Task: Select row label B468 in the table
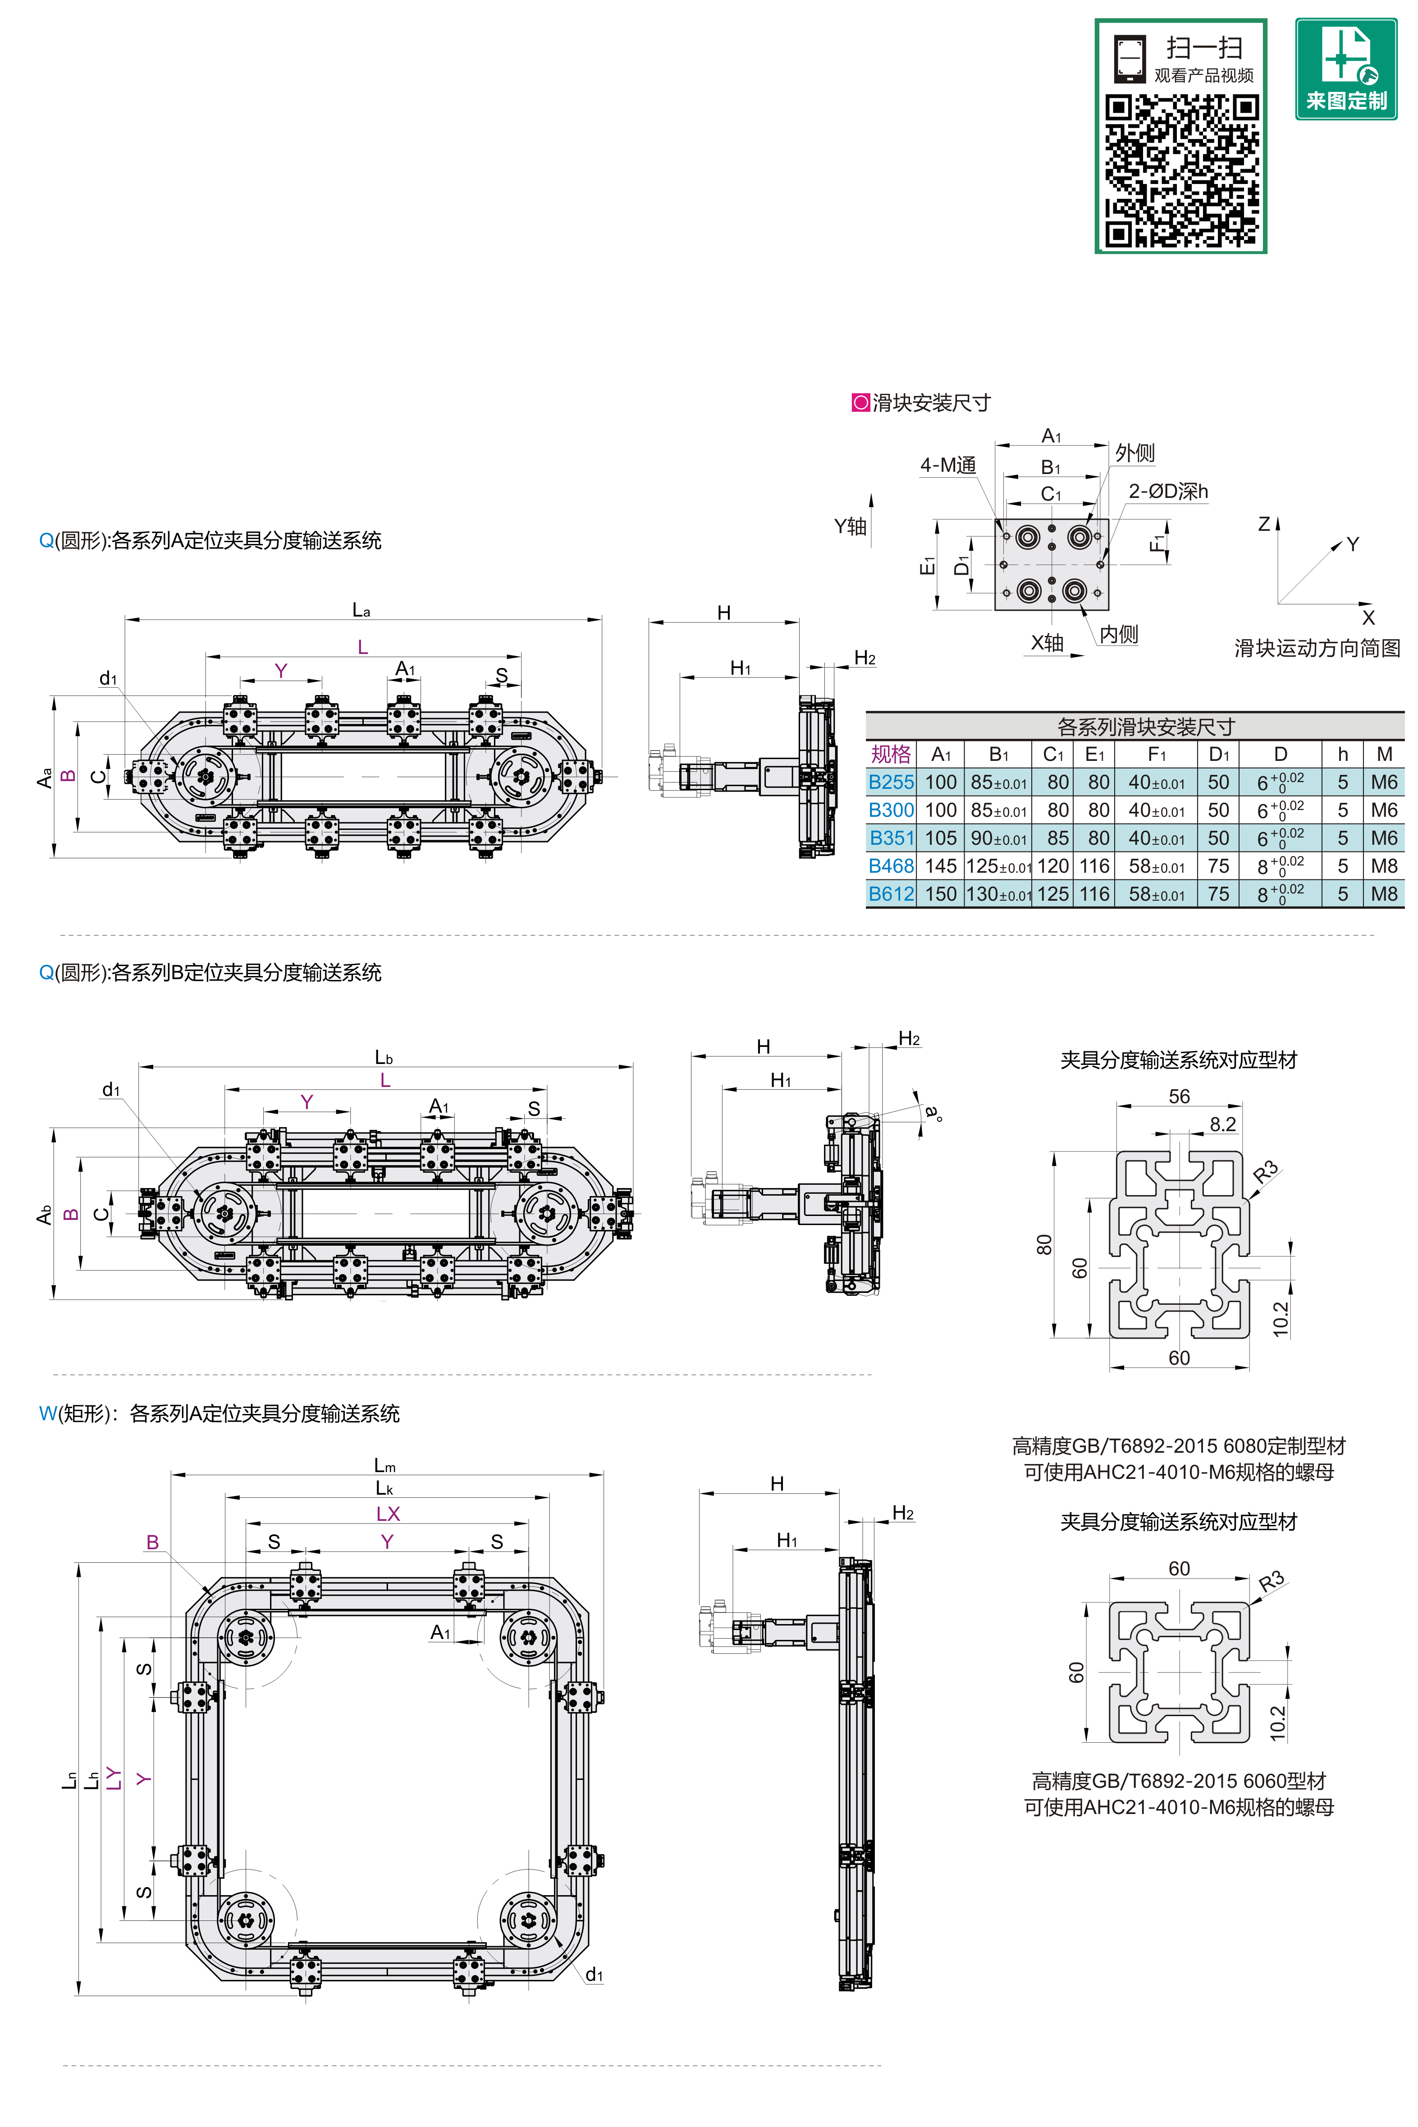(x=891, y=866)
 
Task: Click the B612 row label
(x=891, y=894)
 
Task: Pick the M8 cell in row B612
(x=1384, y=894)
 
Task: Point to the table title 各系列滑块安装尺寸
(x=1146, y=727)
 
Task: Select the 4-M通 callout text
(x=948, y=465)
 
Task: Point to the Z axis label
(x=1264, y=524)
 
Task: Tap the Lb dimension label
(x=384, y=1057)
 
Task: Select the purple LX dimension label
(x=388, y=1514)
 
